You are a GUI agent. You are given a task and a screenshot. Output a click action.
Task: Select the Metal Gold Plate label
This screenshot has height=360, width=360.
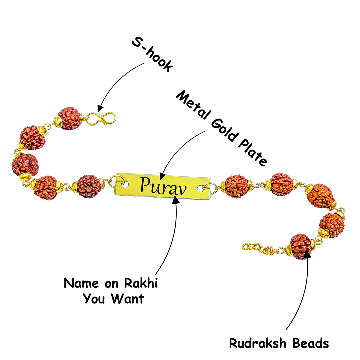point(222,128)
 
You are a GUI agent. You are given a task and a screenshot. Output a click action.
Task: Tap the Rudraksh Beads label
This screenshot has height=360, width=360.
point(279,343)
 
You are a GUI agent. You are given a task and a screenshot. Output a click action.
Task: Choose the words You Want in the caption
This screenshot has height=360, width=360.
point(113,298)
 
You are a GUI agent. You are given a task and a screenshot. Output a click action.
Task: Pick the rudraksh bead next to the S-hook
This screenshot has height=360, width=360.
point(69,118)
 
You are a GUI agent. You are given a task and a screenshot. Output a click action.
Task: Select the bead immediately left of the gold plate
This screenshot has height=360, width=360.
point(89,186)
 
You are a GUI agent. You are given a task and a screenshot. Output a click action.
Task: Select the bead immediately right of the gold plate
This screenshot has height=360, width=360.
point(236,186)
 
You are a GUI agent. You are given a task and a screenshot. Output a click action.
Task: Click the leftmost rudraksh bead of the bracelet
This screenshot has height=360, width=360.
point(25,165)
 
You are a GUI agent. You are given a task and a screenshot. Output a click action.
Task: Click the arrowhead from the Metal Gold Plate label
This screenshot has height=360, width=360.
point(162,176)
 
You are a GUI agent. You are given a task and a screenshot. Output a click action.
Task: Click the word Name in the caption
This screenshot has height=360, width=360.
point(81,283)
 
